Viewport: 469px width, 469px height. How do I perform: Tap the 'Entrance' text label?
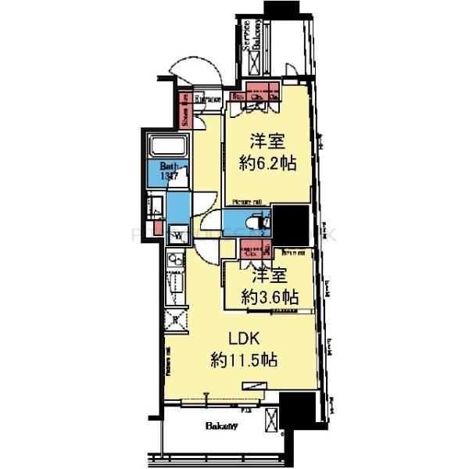click(207, 99)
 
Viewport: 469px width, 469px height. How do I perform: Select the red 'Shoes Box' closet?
click(186, 110)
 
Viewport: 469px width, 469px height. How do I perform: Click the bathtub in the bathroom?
click(167, 146)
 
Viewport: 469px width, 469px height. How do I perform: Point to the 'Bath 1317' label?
click(171, 171)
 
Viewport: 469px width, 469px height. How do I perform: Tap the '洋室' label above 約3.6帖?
click(268, 276)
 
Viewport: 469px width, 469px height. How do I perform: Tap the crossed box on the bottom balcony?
click(270, 419)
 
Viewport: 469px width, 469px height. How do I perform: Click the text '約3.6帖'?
click(268, 297)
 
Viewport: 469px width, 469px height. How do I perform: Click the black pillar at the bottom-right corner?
click(297, 410)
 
